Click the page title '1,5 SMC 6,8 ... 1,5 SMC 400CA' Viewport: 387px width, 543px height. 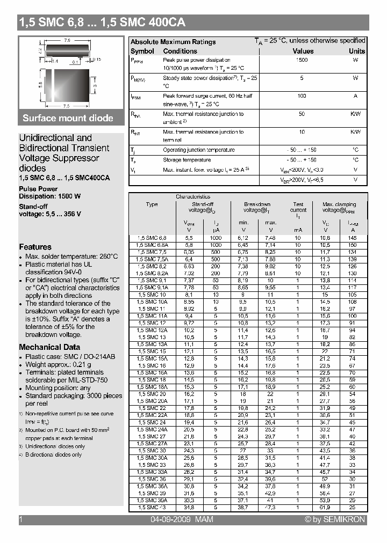point(102,23)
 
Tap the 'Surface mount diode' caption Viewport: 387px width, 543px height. point(68,118)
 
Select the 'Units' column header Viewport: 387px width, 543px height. point(356,51)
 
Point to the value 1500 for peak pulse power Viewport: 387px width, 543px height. point(302,60)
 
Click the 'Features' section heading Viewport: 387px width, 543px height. point(35,247)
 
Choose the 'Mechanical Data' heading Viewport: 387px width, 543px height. point(49,347)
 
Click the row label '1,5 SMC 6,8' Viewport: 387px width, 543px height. point(152,237)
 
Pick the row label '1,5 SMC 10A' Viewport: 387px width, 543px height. point(152,302)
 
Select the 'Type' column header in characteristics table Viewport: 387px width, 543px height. point(152,204)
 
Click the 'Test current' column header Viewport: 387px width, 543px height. point(298,208)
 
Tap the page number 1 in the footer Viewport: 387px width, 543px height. point(20,519)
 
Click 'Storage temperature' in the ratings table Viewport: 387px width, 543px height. point(187,160)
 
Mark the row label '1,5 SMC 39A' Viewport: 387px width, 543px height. point(152,500)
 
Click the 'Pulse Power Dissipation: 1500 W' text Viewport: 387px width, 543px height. point(49,193)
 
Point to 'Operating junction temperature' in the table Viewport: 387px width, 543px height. point(198,150)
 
